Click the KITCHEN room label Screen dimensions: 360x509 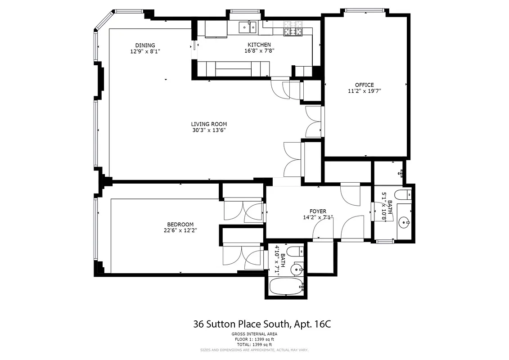pos(259,45)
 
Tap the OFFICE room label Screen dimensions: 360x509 pos(364,85)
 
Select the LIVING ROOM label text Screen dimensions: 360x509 pos(209,124)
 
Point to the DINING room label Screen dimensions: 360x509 pos(145,45)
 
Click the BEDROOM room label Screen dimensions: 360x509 pos(180,225)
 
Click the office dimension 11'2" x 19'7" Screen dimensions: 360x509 pos(364,91)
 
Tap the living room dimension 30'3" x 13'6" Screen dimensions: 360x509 pos(209,130)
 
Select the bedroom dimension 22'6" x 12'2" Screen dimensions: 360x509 pos(180,230)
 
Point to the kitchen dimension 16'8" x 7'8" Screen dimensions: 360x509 pos(259,51)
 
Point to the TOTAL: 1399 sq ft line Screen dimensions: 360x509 pos(255,344)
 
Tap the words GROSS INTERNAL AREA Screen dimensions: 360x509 pos(255,334)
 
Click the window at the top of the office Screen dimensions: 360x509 pos(365,10)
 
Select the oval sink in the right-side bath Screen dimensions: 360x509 pos(405,222)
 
